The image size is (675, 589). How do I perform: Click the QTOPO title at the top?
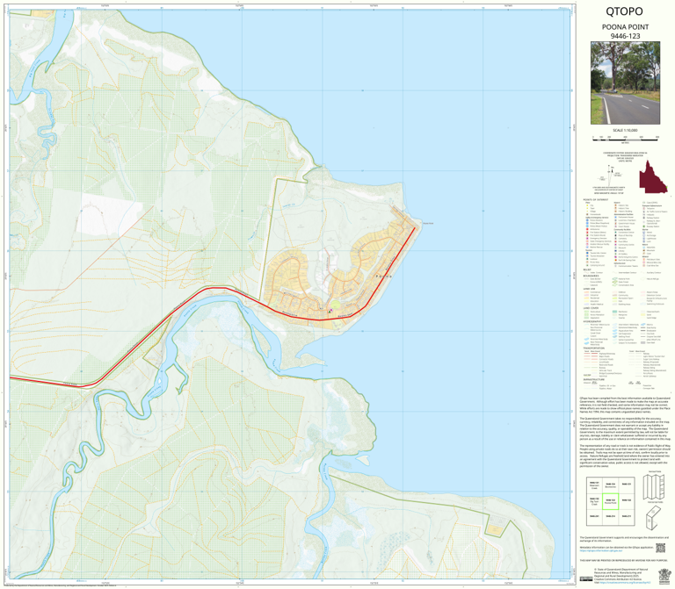click(x=623, y=12)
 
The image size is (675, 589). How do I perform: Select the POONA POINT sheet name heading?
click(x=623, y=28)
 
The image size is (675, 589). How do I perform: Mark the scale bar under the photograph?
click(x=623, y=138)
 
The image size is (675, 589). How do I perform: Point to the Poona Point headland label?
click(x=427, y=223)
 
